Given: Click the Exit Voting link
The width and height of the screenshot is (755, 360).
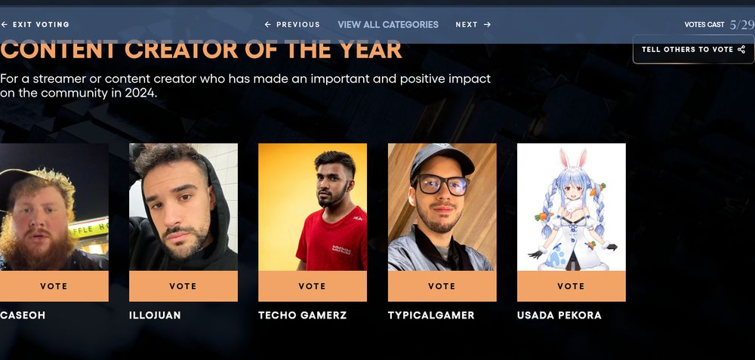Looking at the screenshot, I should (35, 25).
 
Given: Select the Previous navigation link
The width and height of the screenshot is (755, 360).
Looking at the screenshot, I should (292, 25).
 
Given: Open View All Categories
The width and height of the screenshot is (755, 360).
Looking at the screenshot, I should (388, 25).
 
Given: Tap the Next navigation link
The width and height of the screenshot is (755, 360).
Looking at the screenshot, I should (473, 25).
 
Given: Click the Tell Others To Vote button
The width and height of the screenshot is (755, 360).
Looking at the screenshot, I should (693, 50).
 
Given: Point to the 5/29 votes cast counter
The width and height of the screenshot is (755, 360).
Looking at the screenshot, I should (742, 25).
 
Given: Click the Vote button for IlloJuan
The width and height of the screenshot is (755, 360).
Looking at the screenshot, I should (183, 287).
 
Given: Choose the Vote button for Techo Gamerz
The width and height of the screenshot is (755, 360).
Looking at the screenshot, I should (313, 287).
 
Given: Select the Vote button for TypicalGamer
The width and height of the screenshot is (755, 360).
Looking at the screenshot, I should (442, 287).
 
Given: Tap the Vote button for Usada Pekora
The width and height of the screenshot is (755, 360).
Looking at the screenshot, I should (571, 287).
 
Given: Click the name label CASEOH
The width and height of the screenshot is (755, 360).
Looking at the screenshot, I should (23, 315).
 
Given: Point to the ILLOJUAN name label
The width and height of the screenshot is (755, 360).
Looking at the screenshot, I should (155, 315).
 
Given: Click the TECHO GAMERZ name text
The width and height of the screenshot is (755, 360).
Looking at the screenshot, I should (302, 315).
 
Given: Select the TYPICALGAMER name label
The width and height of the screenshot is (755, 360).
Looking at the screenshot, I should (431, 315).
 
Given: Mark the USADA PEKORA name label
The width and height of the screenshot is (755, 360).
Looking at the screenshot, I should (559, 315).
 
